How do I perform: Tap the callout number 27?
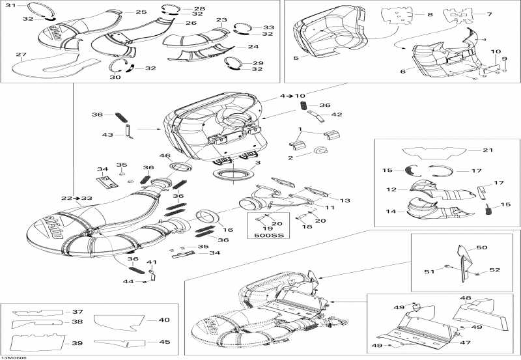(x=21, y=55)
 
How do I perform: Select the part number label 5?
(x=296, y=58)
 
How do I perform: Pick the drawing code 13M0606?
(x=14, y=356)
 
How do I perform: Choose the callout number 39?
(x=77, y=343)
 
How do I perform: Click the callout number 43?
(x=107, y=135)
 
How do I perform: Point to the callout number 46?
(x=165, y=156)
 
